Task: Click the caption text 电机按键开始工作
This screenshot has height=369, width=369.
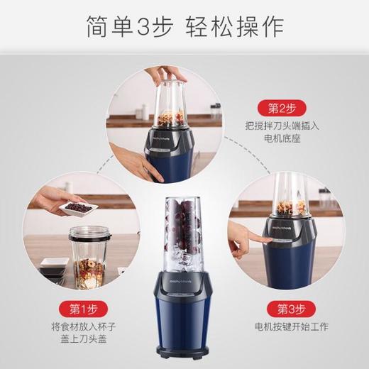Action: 286,328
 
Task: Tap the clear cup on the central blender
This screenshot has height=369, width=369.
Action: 184,227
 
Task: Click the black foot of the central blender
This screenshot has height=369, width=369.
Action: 184,354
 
